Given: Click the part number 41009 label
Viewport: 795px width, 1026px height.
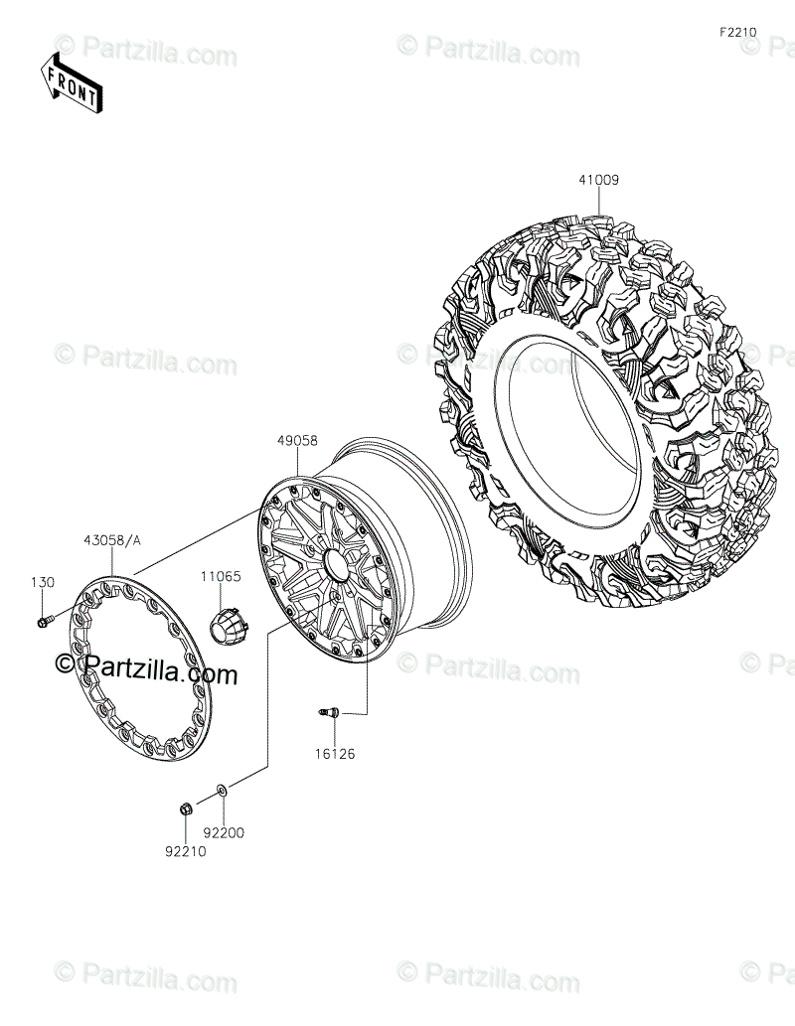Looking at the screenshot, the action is pyautogui.click(x=598, y=180).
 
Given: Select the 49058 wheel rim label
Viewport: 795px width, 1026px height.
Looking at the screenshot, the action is pyautogui.click(x=297, y=441).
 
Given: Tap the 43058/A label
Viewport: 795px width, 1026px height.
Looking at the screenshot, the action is pyautogui.click(x=112, y=540).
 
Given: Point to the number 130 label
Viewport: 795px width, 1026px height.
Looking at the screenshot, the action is pyautogui.click(x=43, y=582).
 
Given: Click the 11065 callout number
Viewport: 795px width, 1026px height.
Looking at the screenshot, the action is pyautogui.click(x=221, y=576).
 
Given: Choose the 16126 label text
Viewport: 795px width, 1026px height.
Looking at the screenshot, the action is pyautogui.click(x=335, y=754).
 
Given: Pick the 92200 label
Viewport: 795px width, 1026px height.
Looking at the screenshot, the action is pyautogui.click(x=224, y=833).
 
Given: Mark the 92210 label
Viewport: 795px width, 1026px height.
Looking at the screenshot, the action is pyautogui.click(x=185, y=851).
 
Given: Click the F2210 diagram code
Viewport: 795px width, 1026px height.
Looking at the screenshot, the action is pyautogui.click(x=738, y=32).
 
